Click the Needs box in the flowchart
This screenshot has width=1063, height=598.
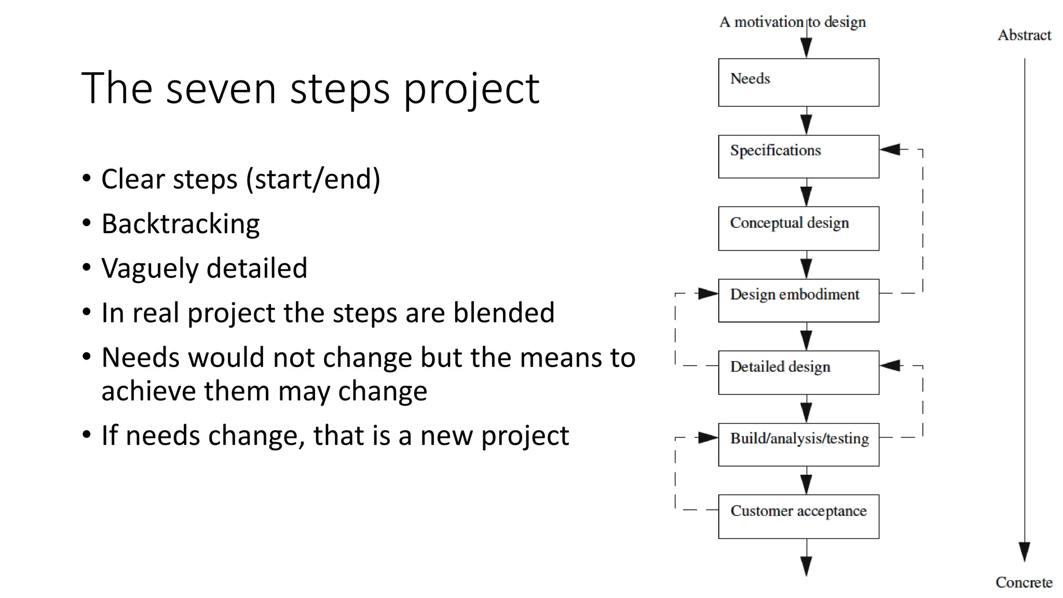pos(798,83)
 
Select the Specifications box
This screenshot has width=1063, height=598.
pos(798,157)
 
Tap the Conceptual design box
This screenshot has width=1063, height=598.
pos(798,228)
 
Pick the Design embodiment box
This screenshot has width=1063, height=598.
pos(798,301)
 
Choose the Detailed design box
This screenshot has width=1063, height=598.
pos(798,373)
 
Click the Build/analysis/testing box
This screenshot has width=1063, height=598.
pos(798,444)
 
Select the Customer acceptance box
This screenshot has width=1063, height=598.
pos(798,517)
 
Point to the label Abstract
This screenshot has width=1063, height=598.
pos(1024,35)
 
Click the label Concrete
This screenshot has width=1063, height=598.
pos(1024,582)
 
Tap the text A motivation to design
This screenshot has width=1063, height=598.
pos(792,22)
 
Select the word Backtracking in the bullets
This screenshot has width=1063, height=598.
pos(181,224)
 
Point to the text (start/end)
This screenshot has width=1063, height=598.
pos(313,179)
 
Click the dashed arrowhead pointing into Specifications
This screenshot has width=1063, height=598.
pos(891,149)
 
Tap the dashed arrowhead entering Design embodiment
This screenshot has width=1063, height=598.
pos(708,294)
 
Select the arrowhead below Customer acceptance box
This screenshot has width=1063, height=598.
pos(806,566)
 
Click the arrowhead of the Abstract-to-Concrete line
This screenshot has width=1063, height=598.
pos(1024,552)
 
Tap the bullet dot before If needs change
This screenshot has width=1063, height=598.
pos(87,434)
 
